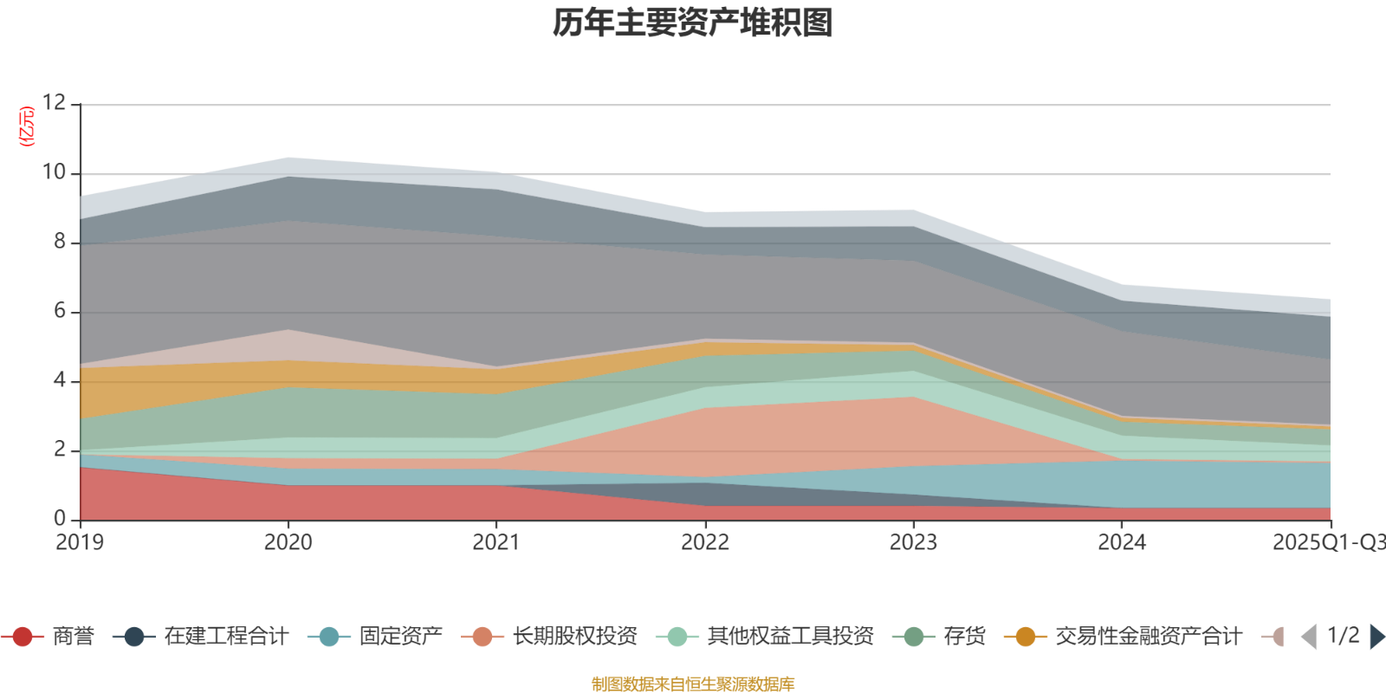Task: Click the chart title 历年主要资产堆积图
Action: pyautogui.click(x=693, y=23)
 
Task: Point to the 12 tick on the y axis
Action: pyautogui.click(x=54, y=103)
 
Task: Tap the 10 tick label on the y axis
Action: pyautogui.click(x=54, y=172)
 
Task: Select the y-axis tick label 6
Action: pyautogui.click(x=60, y=311)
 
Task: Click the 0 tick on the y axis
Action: pyautogui.click(x=60, y=519)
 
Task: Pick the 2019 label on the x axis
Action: pyautogui.click(x=80, y=543)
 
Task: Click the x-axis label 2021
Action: pyautogui.click(x=496, y=543)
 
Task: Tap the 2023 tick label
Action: pyautogui.click(x=913, y=543)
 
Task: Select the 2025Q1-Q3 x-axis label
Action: pyautogui.click(x=1328, y=543)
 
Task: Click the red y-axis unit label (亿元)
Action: pyautogui.click(x=27, y=126)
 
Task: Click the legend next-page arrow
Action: pyautogui.click(x=1376, y=637)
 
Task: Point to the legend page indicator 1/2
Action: pyautogui.click(x=1343, y=636)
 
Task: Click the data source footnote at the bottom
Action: pyautogui.click(x=693, y=684)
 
